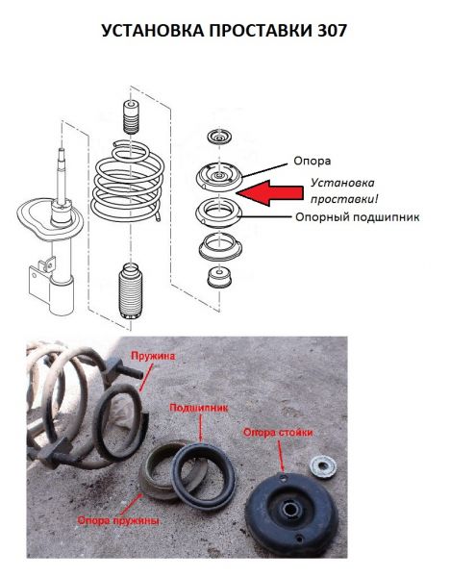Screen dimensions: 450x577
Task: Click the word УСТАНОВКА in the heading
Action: pyautogui.click(x=152, y=31)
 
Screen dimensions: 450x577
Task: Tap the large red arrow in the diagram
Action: pyautogui.click(x=269, y=193)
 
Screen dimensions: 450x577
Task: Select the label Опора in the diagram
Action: pyautogui.click(x=312, y=161)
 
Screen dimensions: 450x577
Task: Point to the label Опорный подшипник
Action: pyautogui.click(x=358, y=217)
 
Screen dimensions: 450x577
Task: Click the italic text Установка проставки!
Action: pyautogui.click(x=344, y=191)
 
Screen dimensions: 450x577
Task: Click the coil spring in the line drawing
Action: pyautogui.click(x=127, y=182)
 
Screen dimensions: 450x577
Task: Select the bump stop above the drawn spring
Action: pyautogui.click(x=130, y=117)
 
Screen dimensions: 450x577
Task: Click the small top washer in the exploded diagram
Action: pyautogui.click(x=219, y=138)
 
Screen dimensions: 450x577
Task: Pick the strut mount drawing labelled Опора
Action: pyautogui.click(x=219, y=177)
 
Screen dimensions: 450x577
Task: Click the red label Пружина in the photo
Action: pyautogui.click(x=153, y=356)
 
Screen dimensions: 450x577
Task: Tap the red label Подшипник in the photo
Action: pyautogui.click(x=199, y=408)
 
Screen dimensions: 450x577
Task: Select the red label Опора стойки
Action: pyautogui.click(x=278, y=433)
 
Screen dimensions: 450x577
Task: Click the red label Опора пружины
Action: pyautogui.click(x=119, y=520)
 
